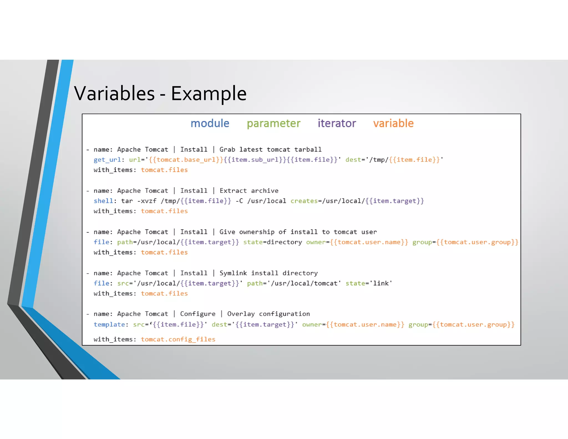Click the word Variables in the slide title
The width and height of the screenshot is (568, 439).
click(114, 94)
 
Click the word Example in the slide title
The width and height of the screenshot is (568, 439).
click(209, 94)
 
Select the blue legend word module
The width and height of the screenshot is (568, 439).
click(210, 123)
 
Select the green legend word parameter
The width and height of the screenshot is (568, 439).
click(273, 123)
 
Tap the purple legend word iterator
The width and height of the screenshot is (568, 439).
click(337, 123)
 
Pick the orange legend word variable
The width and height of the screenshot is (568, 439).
click(393, 123)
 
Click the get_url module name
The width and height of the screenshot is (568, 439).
click(107, 160)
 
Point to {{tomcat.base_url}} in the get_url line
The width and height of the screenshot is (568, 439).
click(186, 160)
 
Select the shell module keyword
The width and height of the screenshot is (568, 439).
click(103, 201)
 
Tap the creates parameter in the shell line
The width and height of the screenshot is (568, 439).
click(304, 201)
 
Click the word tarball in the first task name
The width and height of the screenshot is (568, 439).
click(308, 150)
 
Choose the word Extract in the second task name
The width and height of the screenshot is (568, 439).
click(233, 191)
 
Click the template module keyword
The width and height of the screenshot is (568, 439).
click(109, 325)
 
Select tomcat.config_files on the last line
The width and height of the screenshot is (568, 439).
click(178, 339)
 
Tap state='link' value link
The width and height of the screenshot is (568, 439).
click(381, 283)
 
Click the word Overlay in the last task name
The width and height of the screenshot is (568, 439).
click(241, 314)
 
